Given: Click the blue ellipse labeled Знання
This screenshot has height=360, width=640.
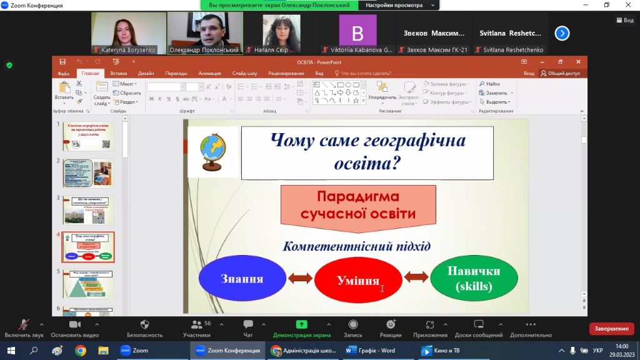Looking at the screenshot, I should (x=242, y=279).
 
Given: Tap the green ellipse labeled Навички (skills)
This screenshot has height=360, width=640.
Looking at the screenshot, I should (x=474, y=278).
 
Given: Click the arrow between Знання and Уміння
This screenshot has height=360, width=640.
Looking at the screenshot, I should (x=300, y=278).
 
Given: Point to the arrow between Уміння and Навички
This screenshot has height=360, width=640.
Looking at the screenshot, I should (x=416, y=276).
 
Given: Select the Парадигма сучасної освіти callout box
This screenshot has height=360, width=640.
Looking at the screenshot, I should (x=358, y=205).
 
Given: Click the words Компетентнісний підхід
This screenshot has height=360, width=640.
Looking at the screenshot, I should (x=356, y=246).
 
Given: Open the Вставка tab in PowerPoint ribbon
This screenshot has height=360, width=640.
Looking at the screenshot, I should (x=118, y=73).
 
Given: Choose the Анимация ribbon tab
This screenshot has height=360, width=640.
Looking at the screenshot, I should (x=209, y=73).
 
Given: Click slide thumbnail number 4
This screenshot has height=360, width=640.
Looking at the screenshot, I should (x=88, y=247).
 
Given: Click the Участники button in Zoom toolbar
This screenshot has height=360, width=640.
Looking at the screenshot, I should (x=197, y=328).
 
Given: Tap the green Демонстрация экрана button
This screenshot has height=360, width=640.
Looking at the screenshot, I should (x=301, y=328).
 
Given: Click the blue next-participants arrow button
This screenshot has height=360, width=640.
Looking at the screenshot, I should (x=562, y=33).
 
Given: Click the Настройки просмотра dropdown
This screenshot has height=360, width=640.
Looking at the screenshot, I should (x=399, y=5).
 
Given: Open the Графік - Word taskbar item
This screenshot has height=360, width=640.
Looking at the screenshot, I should (x=371, y=351).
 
